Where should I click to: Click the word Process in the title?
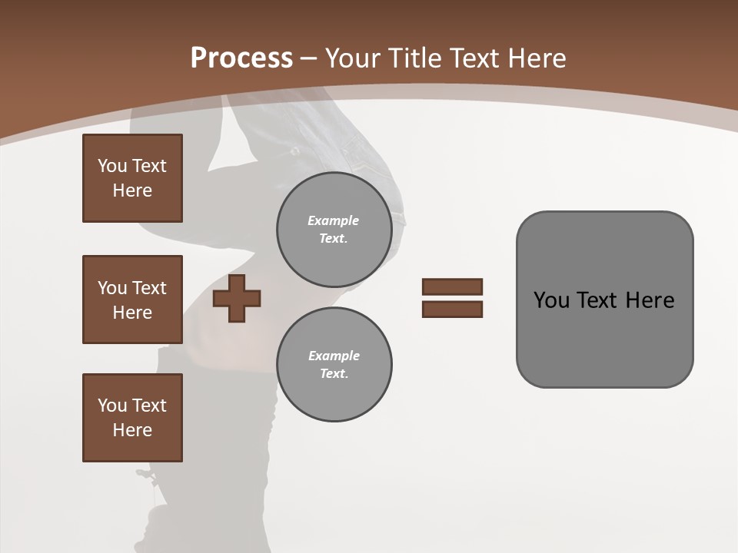(241, 58)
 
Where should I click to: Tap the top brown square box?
(132, 178)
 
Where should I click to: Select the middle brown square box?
(132, 300)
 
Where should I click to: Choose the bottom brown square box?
(132, 418)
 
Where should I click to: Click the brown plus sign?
(237, 298)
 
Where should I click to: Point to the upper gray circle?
(334, 230)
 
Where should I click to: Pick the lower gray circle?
(334, 365)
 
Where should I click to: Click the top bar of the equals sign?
(452, 286)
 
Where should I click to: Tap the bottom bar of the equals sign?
(452, 310)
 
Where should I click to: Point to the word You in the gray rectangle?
(551, 300)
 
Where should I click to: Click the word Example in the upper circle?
(334, 220)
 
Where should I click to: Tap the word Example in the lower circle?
(334, 356)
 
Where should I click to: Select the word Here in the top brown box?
(132, 190)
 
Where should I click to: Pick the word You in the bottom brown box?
(112, 406)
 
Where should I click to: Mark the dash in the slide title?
(308, 58)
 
